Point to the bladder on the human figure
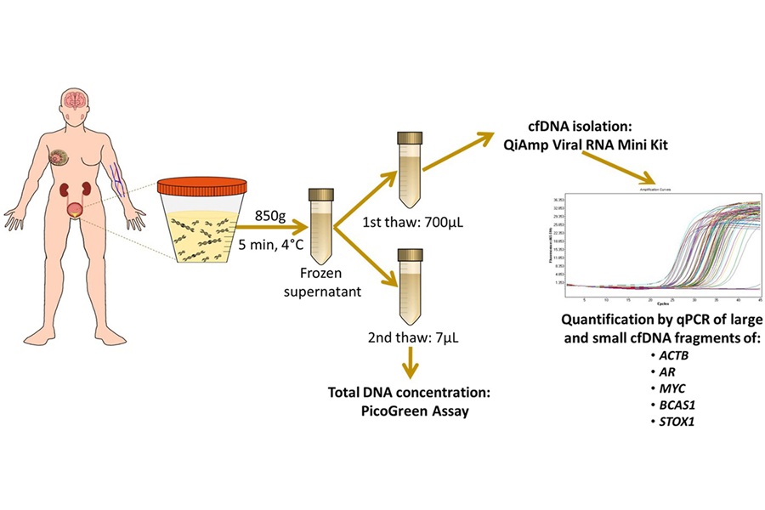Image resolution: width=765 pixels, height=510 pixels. pyautogui.click(x=78, y=210)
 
